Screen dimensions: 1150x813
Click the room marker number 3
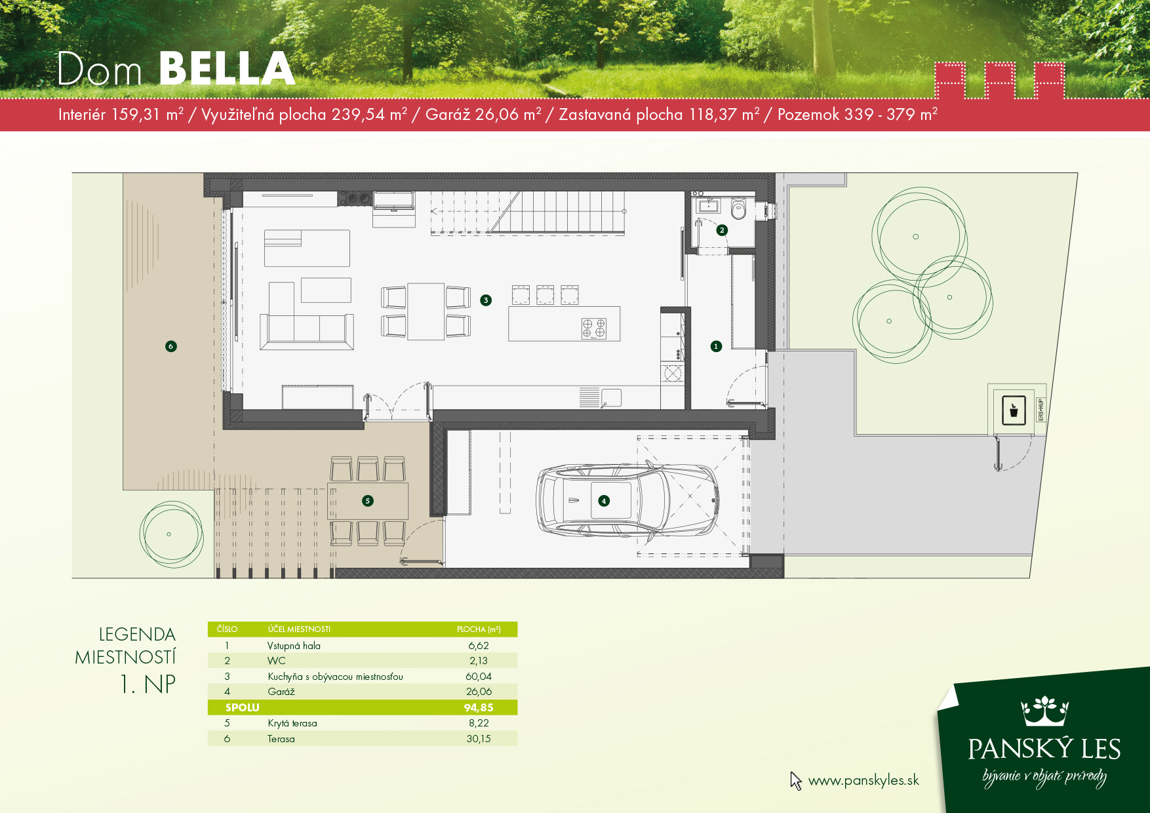[x=486, y=300]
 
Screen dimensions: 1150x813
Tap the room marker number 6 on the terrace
[x=171, y=346]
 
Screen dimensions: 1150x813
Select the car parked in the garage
[x=627, y=501]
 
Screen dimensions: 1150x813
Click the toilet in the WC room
[x=739, y=208]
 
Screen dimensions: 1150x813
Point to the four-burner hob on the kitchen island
[x=593, y=328]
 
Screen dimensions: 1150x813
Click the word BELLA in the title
[x=227, y=69]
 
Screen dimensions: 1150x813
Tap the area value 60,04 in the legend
[x=479, y=677]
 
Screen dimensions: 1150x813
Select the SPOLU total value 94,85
[x=479, y=707]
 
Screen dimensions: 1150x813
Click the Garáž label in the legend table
[x=281, y=692]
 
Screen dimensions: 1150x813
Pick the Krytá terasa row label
[x=292, y=723]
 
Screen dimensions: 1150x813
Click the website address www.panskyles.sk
[x=863, y=780]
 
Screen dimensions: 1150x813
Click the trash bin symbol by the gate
[x=1014, y=411]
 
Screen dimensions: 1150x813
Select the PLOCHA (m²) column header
[x=479, y=629]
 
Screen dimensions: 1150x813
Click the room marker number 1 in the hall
[x=716, y=346]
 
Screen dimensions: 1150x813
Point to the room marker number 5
[x=368, y=501]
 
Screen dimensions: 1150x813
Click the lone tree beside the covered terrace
[x=171, y=534]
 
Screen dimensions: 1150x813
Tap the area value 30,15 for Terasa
[x=479, y=739]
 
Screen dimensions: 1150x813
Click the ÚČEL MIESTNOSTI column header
[x=299, y=629]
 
